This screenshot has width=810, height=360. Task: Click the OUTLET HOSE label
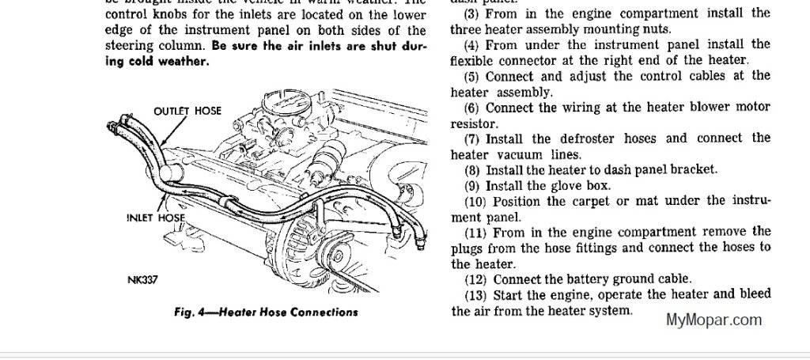click(x=187, y=111)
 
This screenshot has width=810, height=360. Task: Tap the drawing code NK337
click(x=142, y=281)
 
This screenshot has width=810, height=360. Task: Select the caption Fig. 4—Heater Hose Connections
click(x=266, y=312)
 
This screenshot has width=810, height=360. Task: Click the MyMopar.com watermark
click(x=713, y=320)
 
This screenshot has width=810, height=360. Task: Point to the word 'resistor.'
click(x=475, y=123)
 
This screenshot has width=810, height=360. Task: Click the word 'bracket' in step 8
click(x=694, y=169)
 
